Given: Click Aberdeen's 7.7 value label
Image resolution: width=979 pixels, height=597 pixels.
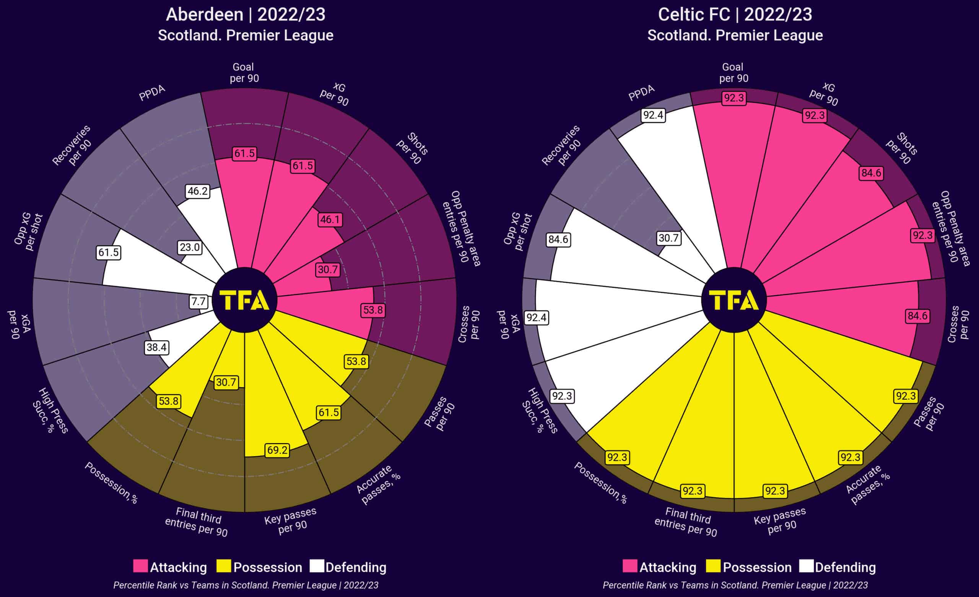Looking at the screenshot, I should pos(198,302).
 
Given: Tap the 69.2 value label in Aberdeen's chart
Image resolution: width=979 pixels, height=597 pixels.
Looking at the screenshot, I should pos(277,450).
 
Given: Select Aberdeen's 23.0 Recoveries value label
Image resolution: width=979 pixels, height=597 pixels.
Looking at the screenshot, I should pos(190,247).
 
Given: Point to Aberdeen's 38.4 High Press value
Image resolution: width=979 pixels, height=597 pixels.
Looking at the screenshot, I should pos(156,347).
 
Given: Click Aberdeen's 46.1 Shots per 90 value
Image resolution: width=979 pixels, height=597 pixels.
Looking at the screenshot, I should pos(330,219).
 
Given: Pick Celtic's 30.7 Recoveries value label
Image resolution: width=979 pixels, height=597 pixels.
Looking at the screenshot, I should pos(669,238).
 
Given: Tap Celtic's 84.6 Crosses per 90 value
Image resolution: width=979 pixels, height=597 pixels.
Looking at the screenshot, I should pos(917,316).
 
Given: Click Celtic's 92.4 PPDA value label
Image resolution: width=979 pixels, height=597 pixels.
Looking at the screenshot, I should pos(653,115).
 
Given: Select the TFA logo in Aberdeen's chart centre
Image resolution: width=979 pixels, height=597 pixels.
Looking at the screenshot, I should pos(244,300).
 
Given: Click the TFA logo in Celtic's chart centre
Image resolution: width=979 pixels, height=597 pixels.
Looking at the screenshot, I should pos(734,300).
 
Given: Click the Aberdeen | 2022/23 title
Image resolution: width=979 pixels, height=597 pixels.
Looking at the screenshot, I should pos(246,15).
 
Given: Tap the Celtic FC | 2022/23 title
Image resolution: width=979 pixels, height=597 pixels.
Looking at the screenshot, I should pos(735,15).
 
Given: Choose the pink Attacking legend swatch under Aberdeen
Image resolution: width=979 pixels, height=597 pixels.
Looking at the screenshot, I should pos(140,566).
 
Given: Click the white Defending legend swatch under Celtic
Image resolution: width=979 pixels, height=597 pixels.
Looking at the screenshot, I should pos(806,566).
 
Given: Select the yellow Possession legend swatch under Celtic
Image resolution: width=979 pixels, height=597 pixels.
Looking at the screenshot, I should pos(713,566).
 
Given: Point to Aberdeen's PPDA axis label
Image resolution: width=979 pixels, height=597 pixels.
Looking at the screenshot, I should pos(152,93).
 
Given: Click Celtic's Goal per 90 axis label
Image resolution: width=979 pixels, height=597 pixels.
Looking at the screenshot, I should pos(733,73).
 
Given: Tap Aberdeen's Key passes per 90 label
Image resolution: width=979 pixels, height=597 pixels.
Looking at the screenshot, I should pos(291,521).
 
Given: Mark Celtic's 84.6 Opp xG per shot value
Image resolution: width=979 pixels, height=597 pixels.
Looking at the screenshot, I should pos(558,239).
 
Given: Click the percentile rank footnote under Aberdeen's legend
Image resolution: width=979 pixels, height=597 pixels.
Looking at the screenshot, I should pos(246,585).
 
